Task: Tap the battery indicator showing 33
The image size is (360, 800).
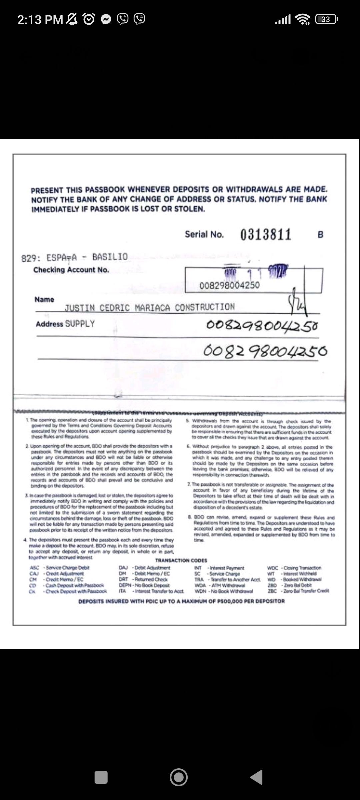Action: click(326, 19)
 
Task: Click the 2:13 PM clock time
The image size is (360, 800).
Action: click(40, 20)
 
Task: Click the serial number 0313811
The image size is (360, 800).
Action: click(266, 234)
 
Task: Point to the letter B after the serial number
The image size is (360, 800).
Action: click(320, 235)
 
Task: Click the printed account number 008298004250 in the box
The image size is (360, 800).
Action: click(229, 285)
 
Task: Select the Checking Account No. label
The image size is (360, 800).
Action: click(71, 270)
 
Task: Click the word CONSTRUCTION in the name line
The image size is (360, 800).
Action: click(205, 307)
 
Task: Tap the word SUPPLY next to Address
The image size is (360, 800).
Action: click(80, 324)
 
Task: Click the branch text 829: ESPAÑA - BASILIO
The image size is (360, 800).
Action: click(74, 257)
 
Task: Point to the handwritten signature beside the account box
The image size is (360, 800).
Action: click(298, 302)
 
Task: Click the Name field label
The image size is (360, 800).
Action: click(44, 299)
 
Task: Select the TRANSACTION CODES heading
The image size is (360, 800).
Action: click(181, 560)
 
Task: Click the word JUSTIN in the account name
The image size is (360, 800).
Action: click(80, 308)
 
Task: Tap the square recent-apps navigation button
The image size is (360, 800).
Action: click(101, 777)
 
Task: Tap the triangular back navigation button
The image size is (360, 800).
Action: click(257, 777)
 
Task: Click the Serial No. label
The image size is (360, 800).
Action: click(204, 234)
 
